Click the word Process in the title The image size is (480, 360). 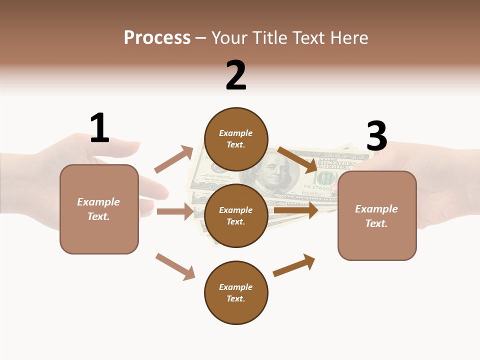[157, 38]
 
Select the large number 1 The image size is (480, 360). [99, 128]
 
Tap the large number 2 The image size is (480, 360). [236, 75]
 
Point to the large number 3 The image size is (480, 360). [377, 136]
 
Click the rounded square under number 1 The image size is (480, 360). [99, 209]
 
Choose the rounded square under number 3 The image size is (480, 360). [377, 215]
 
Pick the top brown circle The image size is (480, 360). [236, 139]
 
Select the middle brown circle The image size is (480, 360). [236, 215]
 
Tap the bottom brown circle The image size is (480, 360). [236, 292]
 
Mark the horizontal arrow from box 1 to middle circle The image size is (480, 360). [175, 211]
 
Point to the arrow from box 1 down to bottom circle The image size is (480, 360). [175, 266]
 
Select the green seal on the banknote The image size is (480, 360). [326, 178]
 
